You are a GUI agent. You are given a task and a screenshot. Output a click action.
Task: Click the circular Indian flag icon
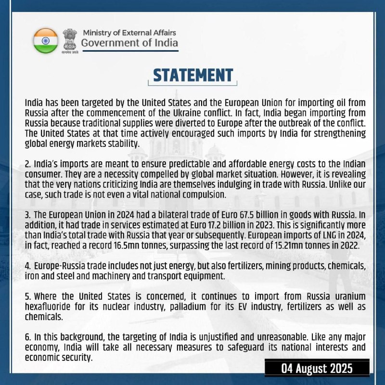[x=45, y=41]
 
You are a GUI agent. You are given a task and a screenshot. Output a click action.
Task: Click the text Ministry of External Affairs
[x=129, y=33]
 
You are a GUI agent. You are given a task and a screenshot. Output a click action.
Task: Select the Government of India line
[x=129, y=43]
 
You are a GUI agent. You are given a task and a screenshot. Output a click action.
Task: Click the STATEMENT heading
[x=192, y=76]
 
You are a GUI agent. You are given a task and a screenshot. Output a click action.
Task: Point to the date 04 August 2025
[x=317, y=369]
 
